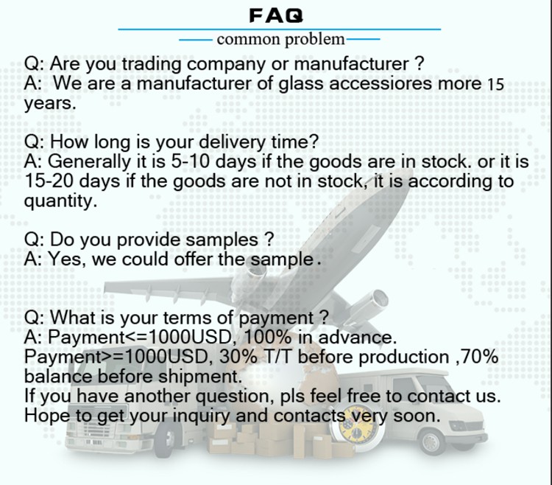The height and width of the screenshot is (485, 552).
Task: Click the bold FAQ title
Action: pyautogui.click(x=276, y=16)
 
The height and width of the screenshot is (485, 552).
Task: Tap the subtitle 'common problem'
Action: pyautogui.click(x=280, y=39)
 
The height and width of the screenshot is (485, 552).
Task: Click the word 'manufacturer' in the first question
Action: pyautogui.click(x=351, y=64)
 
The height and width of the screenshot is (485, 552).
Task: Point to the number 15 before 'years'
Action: pyautogui.click(x=495, y=85)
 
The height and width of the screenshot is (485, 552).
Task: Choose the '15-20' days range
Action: pyautogui.click(x=49, y=181)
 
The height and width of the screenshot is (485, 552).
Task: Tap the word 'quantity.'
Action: pyautogui.click(x=60, y=201)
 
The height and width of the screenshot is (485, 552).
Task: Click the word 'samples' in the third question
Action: pyautogui.click(x=222, y=240)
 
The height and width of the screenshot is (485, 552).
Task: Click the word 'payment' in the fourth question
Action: pyautogui.click(x=276, y=318)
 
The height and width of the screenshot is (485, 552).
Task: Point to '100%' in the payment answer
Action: pyautogui.click(x=267, y=338)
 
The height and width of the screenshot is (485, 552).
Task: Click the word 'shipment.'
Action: pyautogui.click(x=200, y=377)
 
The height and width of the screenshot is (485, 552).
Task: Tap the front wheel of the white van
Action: pyautogui.click(x=431, y=442)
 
